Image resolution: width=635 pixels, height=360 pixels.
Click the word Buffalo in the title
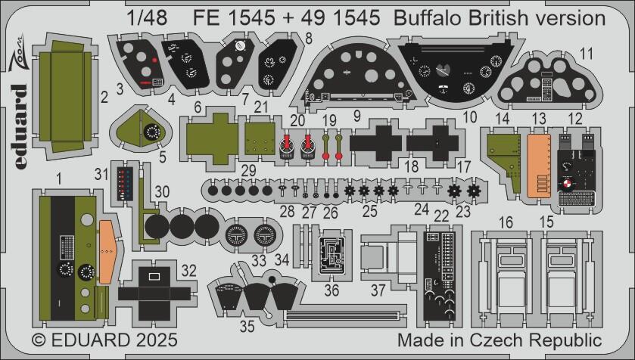[x=429, y=17]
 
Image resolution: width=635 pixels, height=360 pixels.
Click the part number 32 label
[x=190, y=269]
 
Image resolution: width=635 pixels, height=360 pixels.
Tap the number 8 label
[x=308, y=38]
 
